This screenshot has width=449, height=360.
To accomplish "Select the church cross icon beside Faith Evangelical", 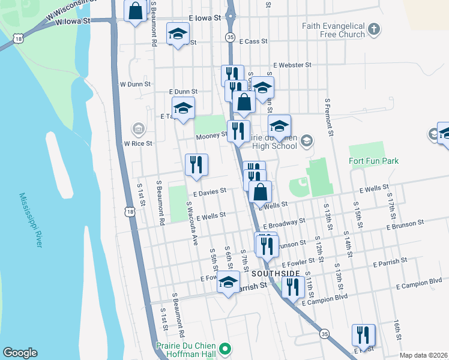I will [x=374, y=29].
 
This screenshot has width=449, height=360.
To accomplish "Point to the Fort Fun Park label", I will [x=373, y=161].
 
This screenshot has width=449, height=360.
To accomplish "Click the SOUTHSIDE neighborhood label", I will [x=276, y=273].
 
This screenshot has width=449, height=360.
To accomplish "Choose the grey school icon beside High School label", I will [x=306, y=141].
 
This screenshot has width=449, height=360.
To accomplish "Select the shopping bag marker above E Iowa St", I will [x=135, y=11].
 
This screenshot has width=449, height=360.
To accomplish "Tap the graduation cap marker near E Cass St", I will [x=177, y=35].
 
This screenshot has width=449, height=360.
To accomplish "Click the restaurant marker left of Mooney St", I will [x=238, y=131].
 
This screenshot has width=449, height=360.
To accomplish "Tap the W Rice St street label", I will [x=138, y=143].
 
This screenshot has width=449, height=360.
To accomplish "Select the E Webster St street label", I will [x=292, y=65].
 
